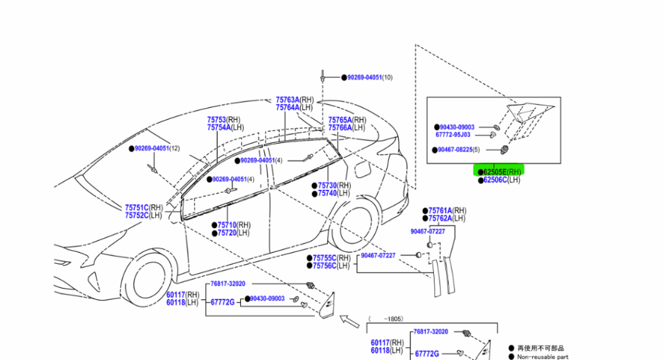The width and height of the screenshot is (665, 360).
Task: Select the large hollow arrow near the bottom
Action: point(349,320)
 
